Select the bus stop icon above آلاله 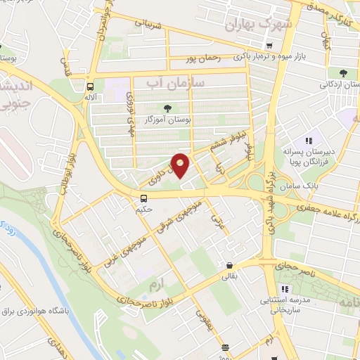point(90,87)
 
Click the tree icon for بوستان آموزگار point(167,107)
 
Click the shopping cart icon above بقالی point(229,266)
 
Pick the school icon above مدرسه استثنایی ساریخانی point(285,289)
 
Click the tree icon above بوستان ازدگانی point(343,73)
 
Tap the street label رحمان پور point(203,59)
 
